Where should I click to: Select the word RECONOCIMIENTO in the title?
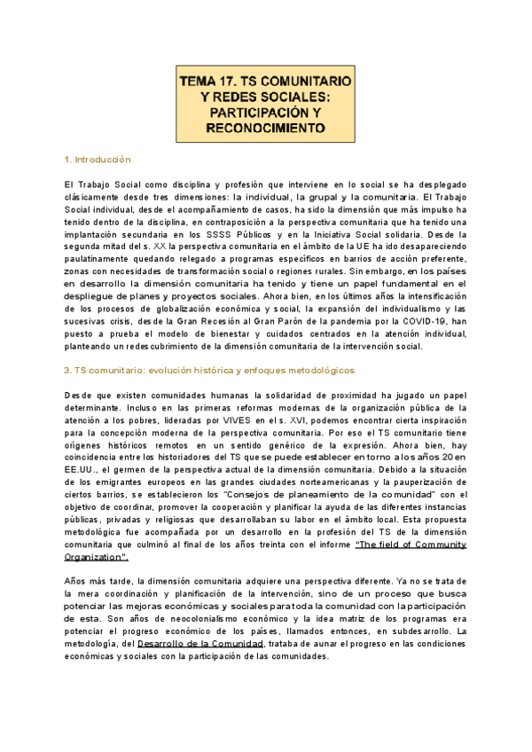[x=265, y=129]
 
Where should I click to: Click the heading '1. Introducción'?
[x=98, y=160]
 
